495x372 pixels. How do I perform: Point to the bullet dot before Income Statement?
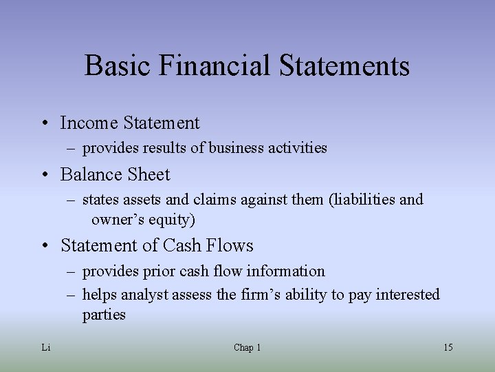click(x=43, y=124)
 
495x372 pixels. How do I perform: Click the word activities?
click(x=299, y=148)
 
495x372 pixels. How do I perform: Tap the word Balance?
click(x=90, y=175)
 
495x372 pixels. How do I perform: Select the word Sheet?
click(x=147, y=175)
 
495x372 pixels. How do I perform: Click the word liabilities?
click(x=365, y=200)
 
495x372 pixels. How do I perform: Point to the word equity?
click(x=169, y=220)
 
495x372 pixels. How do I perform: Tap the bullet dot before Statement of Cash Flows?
click(x=43, y=247)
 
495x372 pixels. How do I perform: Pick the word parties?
click(x=104, y=315)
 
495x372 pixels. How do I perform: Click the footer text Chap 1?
click(x=247, y=348)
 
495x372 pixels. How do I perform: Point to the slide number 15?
click(x=448, y=348)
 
